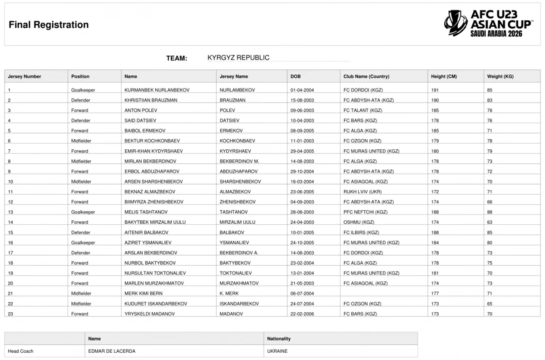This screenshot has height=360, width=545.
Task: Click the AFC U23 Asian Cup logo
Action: tap(489, 23)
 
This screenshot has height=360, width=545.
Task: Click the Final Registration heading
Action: tap(49, 25)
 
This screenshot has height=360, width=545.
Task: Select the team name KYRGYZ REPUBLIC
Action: tap(238, 58)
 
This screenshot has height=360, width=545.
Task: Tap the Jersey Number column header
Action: tap(25, 76)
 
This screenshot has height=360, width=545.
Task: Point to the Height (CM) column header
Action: tap(444, 76)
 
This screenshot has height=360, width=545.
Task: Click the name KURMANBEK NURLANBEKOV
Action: tap(157, 90)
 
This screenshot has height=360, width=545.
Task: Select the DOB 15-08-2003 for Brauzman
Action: tap(302, 100)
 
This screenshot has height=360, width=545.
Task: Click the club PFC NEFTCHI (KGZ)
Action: tap(365, 212)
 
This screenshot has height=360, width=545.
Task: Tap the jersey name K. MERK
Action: tap(229, 293)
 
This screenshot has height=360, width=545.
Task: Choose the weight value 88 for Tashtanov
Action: tap(490, 212)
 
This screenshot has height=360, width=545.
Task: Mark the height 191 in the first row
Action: tap(435, 90)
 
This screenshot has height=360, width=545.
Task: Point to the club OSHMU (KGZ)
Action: tap(358, 222)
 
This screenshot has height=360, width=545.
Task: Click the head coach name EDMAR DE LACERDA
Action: tap(112, 351)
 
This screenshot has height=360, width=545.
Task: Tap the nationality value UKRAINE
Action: tap(277, 351)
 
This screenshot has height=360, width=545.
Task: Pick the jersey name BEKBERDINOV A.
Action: tap(239, 252)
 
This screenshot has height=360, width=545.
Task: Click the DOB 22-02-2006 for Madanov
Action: tap(302, 314)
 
